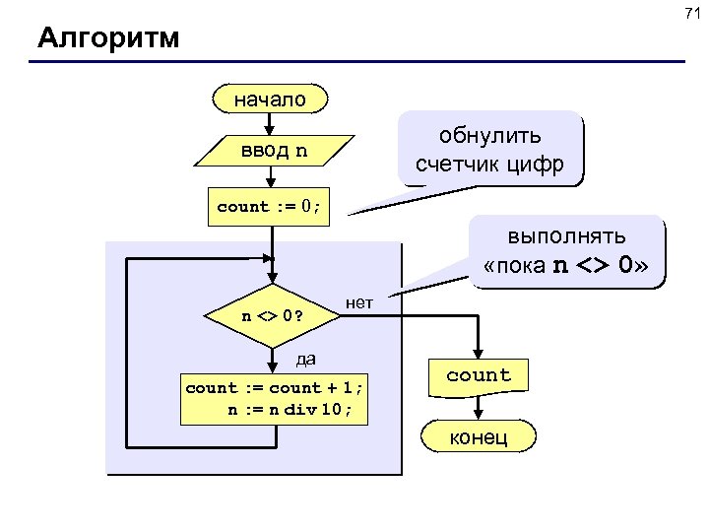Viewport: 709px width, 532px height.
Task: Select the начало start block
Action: [x=271, y=99]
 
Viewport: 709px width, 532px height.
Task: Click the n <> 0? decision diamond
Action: [x=271, y=317]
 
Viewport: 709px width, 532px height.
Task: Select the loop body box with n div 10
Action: [x=274, y=399]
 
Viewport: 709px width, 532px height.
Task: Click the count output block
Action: [x=479, y=375]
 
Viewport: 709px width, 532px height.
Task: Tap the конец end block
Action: [x=479, y=436]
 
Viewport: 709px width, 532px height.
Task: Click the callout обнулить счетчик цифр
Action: [x=489, y=151]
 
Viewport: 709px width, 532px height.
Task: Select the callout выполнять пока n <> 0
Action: [x=566, y=252]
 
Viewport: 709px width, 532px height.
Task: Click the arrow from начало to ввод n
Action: [x=272, y=122]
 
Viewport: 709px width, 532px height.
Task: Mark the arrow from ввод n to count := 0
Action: [x=272, y=176]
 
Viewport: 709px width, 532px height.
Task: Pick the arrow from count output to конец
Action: [x=479, y=407]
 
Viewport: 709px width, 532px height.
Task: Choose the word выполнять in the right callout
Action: [x=566, y=239]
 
